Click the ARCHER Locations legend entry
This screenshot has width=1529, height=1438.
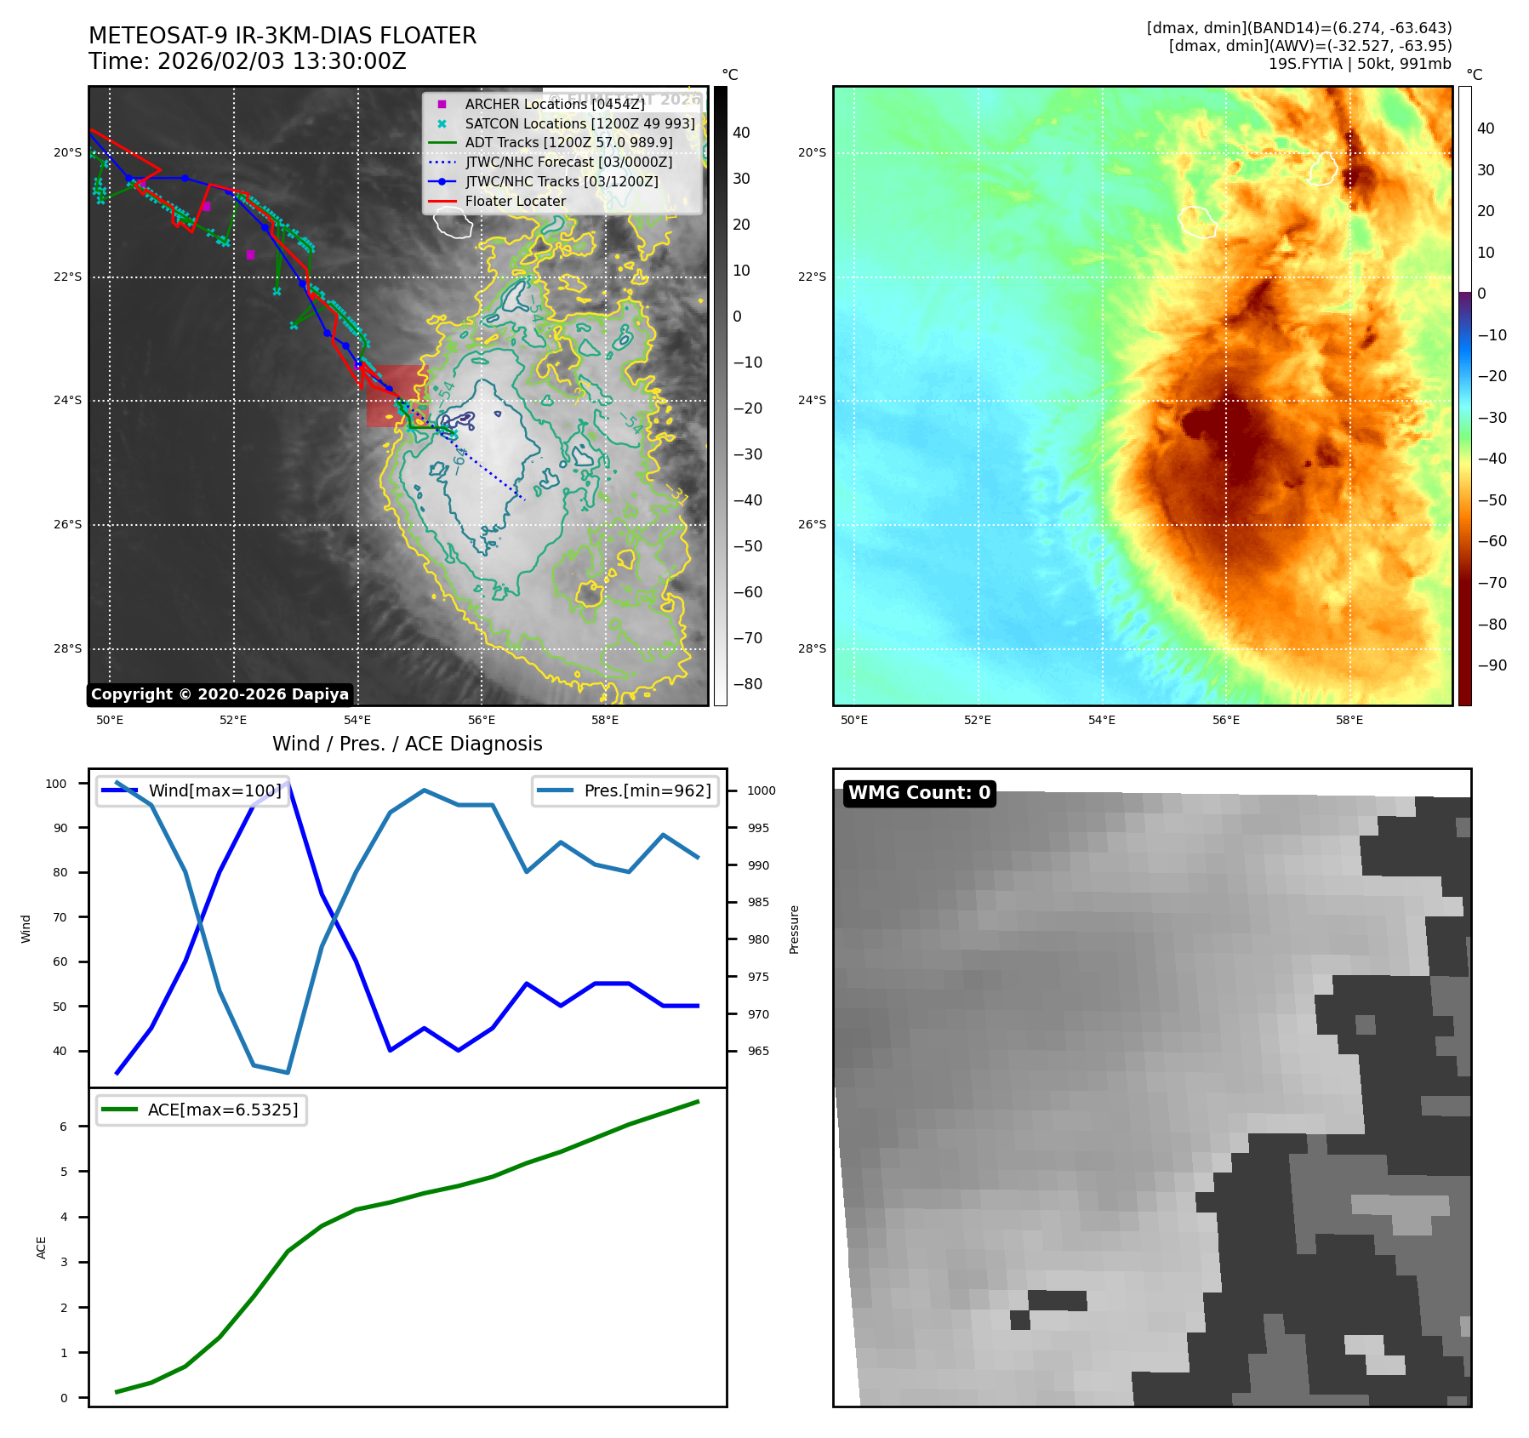554,104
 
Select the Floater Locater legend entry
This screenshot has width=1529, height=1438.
515,201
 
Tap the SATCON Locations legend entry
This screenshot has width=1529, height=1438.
579,123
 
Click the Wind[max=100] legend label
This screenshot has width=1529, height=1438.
214,790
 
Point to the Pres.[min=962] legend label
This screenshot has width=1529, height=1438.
647,790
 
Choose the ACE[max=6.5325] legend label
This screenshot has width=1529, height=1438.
223,1110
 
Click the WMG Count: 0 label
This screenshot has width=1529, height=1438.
919,793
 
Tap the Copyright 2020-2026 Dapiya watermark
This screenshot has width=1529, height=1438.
220,694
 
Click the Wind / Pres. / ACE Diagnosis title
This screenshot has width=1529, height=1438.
407,744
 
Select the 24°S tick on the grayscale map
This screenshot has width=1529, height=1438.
68,400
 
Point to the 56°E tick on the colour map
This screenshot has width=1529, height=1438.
1225,720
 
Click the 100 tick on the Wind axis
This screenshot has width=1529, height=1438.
56,784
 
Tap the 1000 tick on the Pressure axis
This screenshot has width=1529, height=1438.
762,790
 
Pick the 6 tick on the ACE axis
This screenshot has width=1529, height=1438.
64,1127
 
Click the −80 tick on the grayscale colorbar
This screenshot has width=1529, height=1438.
748,684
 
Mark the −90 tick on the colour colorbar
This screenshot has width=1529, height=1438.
1492,665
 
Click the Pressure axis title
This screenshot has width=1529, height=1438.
794,929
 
